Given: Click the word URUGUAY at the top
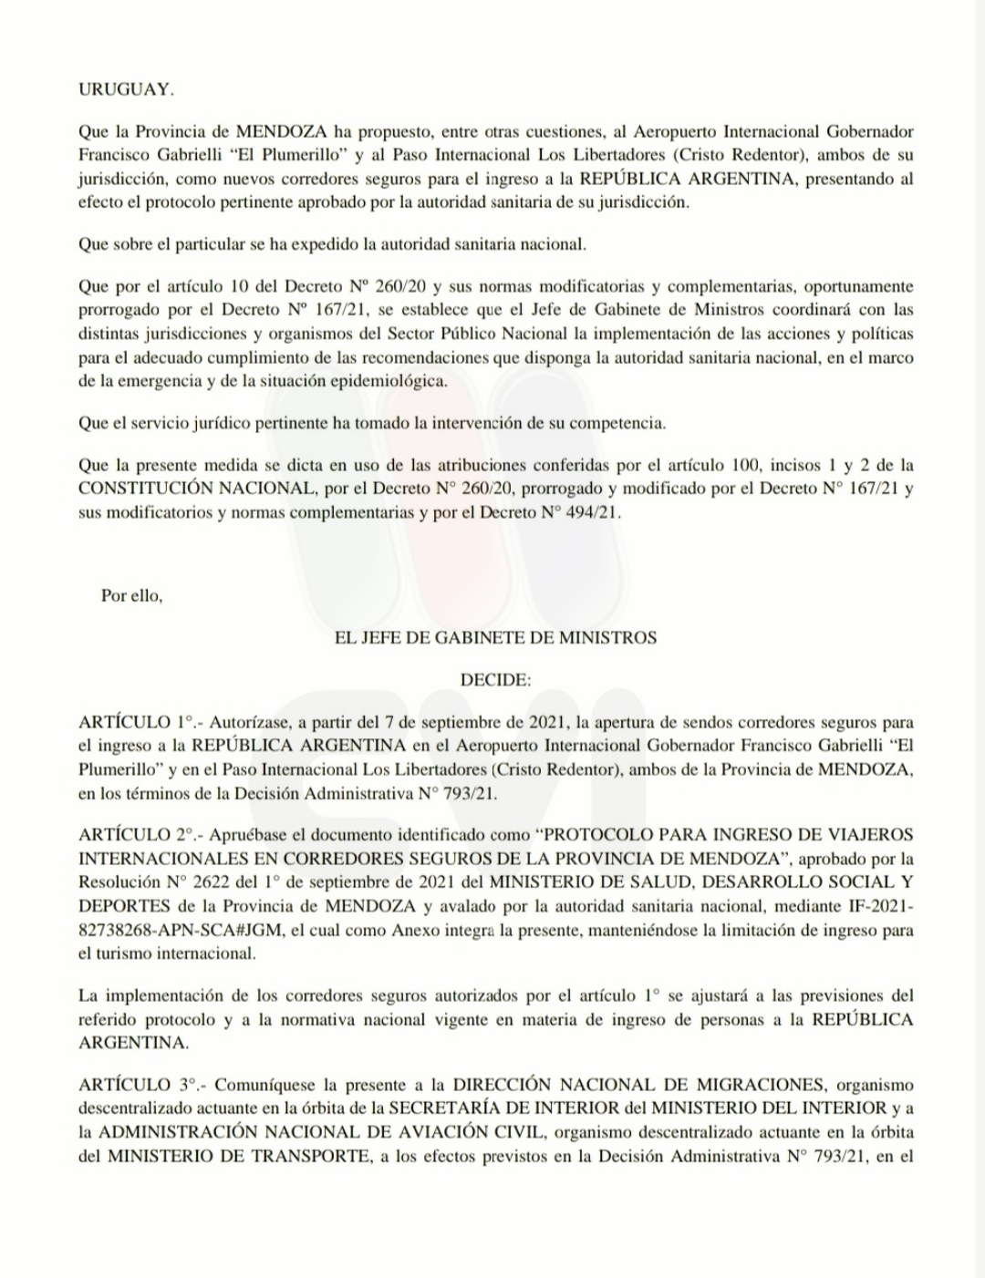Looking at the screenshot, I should (x=126, y=89).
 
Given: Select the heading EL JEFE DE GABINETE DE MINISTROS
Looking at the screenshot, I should (x=495, y=638).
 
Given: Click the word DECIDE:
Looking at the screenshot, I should (x=495, y=680).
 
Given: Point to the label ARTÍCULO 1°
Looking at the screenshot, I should (x=137, y=723).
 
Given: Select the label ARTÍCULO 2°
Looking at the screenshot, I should (x=137, y=835).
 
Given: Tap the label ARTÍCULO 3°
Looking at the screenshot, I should (x=137, y=1085).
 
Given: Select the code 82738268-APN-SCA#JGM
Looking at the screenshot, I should (x=180, y=931).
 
